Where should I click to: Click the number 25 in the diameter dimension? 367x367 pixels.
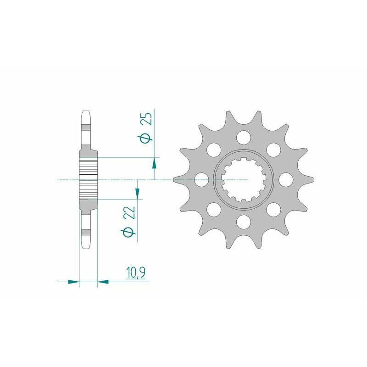click(147, 121)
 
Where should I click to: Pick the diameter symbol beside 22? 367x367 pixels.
click(130, 232)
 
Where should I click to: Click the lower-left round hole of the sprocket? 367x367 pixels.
click(213, 210)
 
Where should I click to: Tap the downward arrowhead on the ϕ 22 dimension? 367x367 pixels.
click(138, 195)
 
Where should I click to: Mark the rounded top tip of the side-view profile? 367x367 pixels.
click(86, 113)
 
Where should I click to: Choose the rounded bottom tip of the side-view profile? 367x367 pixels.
click(86, 246)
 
